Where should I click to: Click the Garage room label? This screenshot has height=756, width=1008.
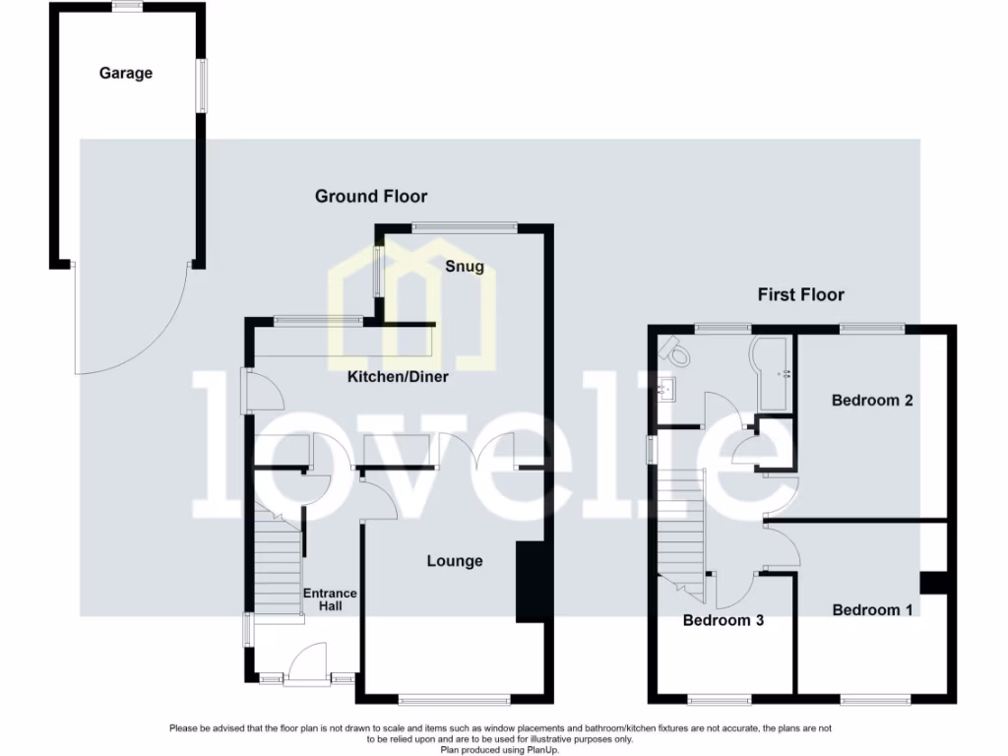126,73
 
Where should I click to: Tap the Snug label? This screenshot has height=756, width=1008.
465,267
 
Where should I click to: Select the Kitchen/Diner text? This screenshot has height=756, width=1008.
398,376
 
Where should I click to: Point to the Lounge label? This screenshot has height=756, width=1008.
455,561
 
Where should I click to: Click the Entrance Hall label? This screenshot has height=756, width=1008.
330,599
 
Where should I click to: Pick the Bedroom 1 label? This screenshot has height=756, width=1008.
872,610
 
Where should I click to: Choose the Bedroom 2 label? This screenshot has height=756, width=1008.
872,401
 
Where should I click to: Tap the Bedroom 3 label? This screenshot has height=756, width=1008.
724,621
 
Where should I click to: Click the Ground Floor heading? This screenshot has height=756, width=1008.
371,197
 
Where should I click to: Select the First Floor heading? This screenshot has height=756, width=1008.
800,294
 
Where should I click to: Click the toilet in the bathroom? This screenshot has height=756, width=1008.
676,347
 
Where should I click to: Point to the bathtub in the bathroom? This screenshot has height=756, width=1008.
773,375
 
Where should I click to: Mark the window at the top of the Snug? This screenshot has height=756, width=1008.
464,227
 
